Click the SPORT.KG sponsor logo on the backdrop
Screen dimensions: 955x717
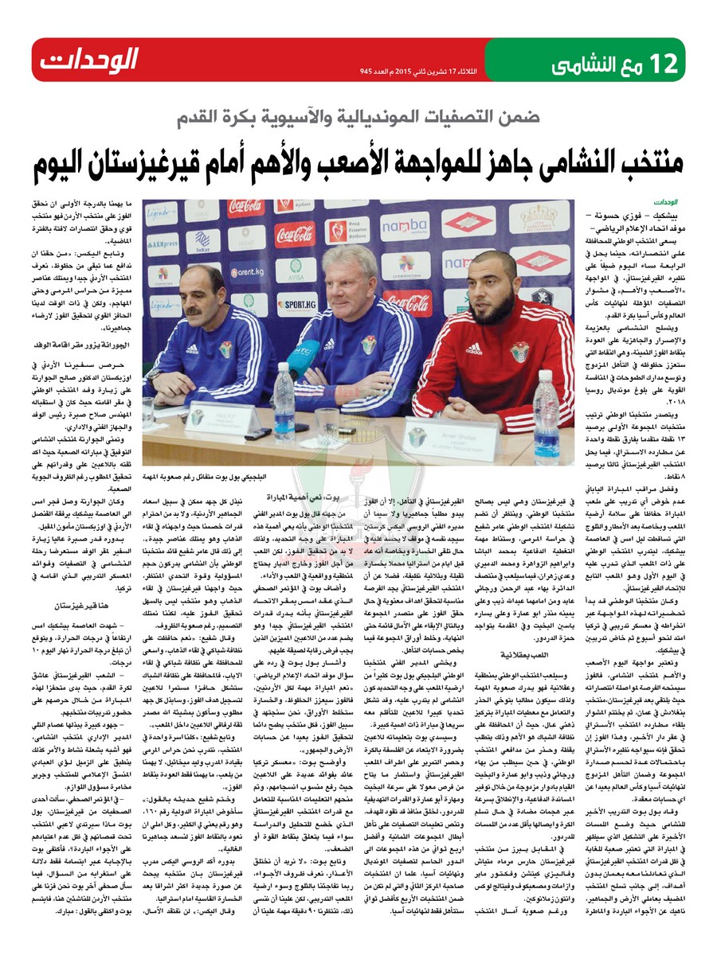pos(296,302)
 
